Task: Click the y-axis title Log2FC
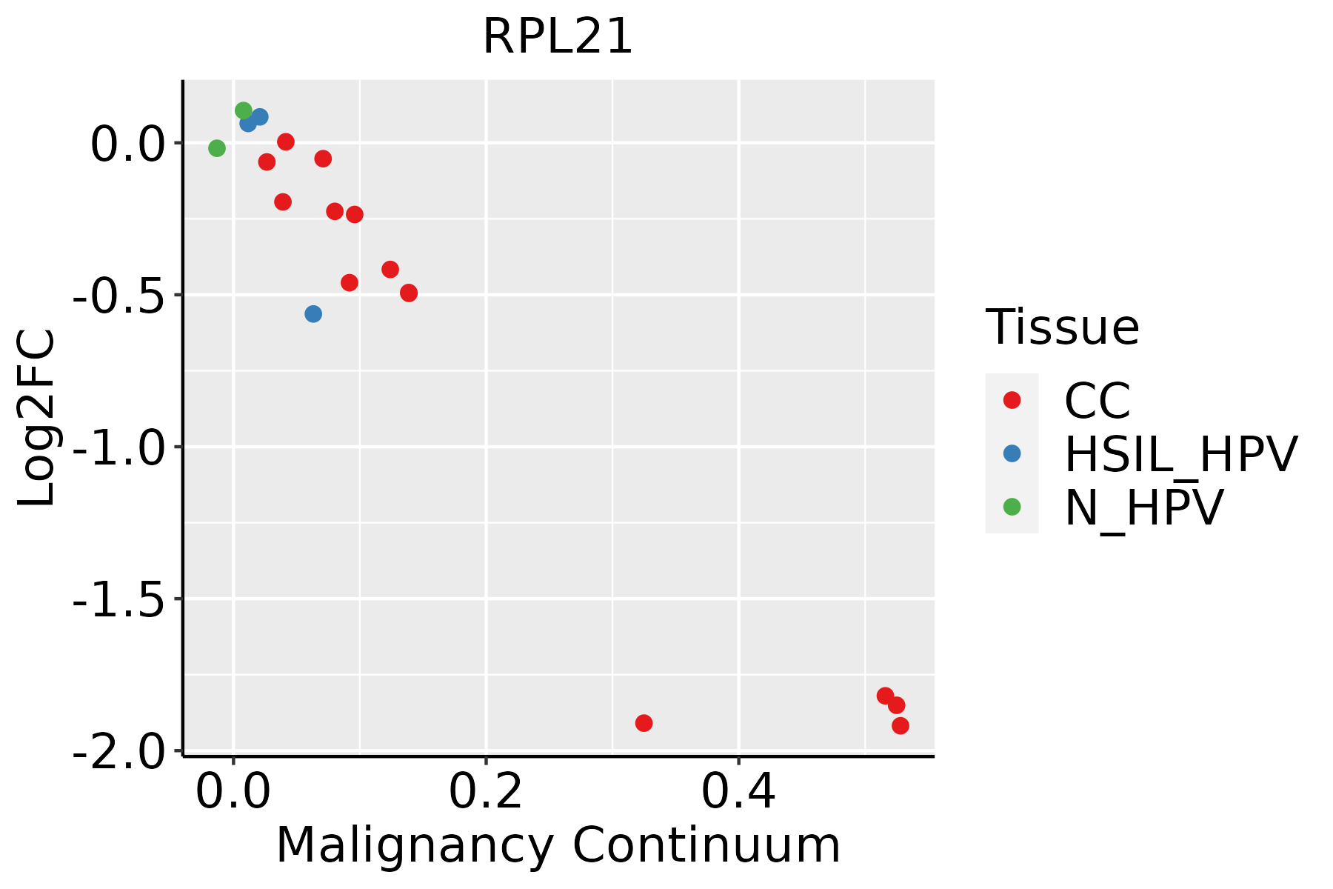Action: click(x=37, y=418)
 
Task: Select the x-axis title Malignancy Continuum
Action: click(x=558, y=845)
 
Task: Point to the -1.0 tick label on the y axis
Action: click(x=118, y=447)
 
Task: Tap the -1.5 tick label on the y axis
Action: click(x=118, y=599)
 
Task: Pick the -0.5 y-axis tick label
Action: click(x=118, y=296)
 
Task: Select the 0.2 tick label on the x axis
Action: click(x=486, y=792)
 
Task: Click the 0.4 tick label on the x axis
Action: click(x=738, y=792)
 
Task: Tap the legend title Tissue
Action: click(x=1062, y=327)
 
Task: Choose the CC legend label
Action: click(x=1097, y=401)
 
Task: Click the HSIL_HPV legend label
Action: click(x=1180, y=454)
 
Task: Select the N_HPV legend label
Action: click(x=1143, y=507)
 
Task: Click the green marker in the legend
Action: click(x=1012, y=507)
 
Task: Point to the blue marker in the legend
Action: click(x=1012, y=453)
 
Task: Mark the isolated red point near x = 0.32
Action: click(x=644, y=723)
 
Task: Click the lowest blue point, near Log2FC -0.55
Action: click(x=313, y=314)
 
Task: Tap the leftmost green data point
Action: click(x=216, y=149)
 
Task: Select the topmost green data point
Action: click(x=244, y=110)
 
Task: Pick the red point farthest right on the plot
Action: click(x=901, y=726)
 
